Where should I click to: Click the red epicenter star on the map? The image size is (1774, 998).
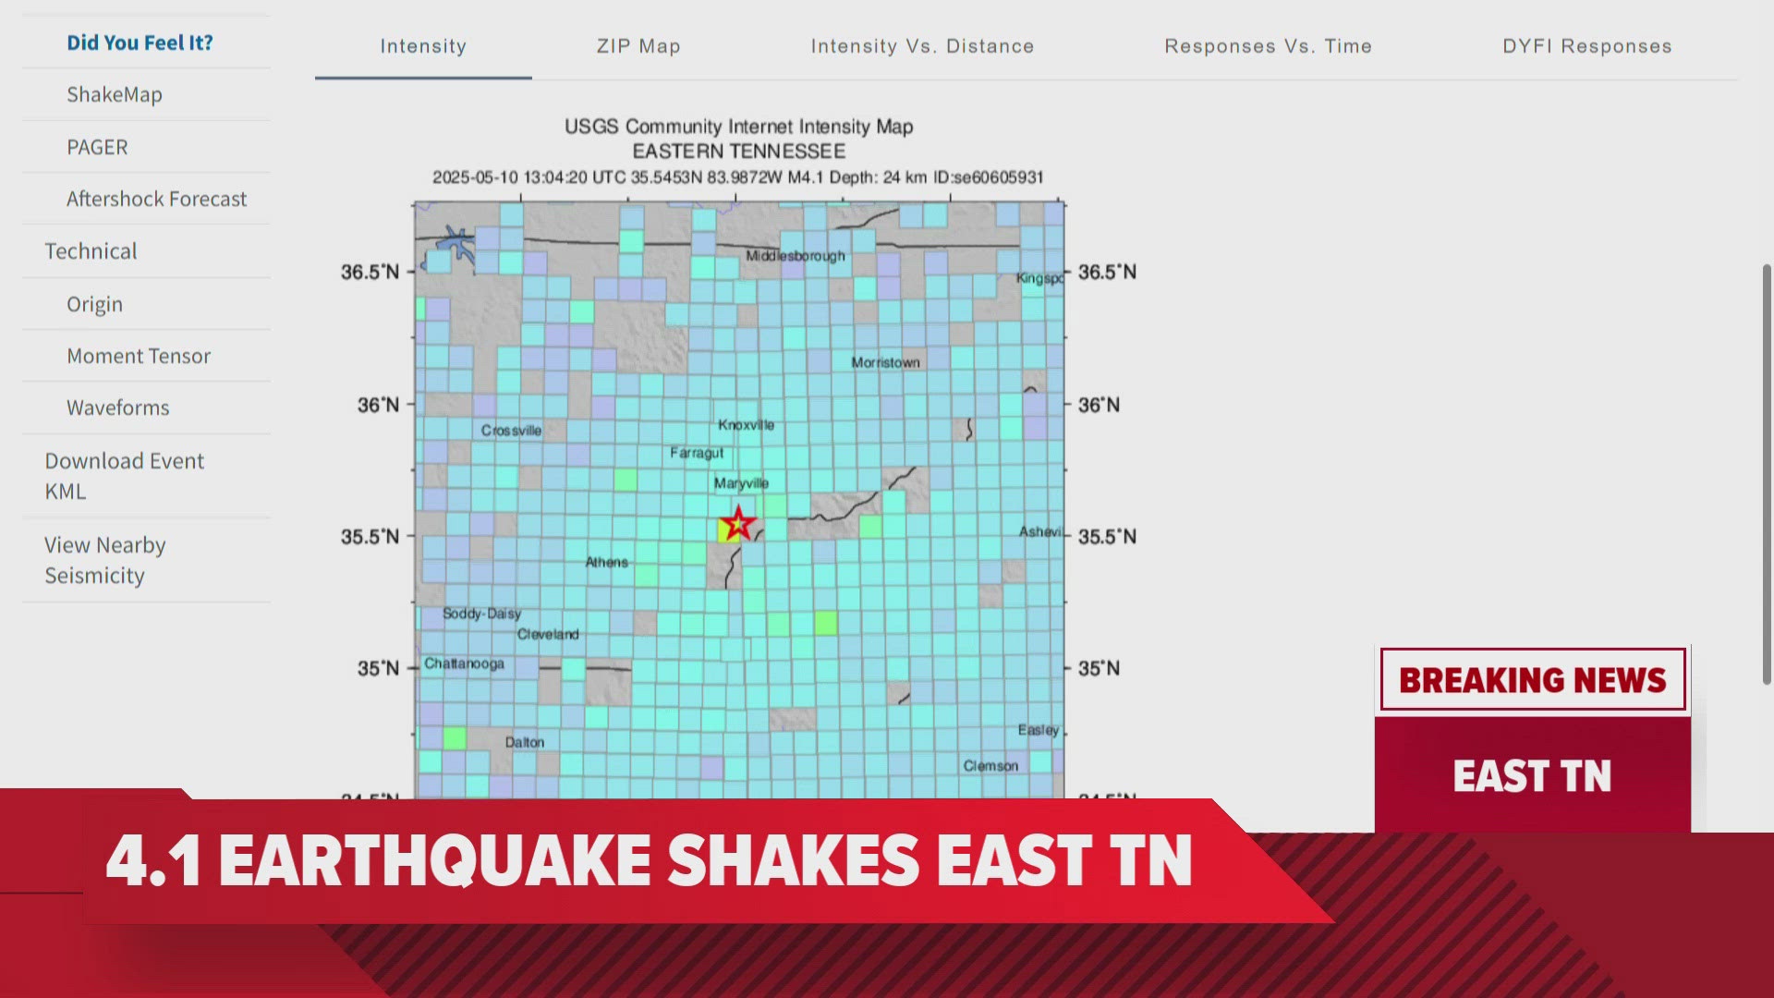(x=737, y=524)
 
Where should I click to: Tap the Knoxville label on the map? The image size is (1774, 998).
(x=746, y=425)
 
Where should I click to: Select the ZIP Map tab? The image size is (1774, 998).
(x=638, y=46)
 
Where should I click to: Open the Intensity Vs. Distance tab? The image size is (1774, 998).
(x=922, y=46)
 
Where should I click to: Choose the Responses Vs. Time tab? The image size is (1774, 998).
(x=1268, y=46)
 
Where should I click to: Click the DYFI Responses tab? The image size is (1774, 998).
(x=1586, y=46)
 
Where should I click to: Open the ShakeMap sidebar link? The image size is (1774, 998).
(x=115, y=94)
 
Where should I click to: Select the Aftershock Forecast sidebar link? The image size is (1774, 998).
(x=156, y=199)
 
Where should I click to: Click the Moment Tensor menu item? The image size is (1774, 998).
(x=139, y=356)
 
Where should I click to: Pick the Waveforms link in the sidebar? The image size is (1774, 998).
(x=118, y=408)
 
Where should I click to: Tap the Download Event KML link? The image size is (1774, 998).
(x=124, y=475)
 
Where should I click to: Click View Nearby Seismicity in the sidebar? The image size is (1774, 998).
(x=104, y=560)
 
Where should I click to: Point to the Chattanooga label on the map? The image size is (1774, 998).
(x=464, y=663)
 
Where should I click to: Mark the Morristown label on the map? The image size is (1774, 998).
(x=885, y=362)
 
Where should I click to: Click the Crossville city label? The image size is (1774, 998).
(x=511, y=431)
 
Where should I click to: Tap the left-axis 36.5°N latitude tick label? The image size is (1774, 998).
(x=370, y=272)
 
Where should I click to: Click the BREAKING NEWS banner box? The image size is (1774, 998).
(x=1532, y=680)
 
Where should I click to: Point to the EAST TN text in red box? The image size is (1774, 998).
(x=1532, y=775)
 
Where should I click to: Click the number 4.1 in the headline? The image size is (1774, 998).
(x=153, y=860)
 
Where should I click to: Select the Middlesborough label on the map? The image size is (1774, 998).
(x=795, y=256)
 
